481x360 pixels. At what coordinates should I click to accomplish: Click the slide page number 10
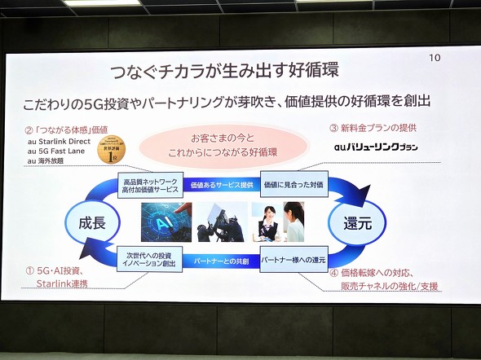(434, 58)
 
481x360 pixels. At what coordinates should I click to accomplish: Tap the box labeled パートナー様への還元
(293, 260)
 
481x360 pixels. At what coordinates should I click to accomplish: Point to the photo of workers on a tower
(219, 222)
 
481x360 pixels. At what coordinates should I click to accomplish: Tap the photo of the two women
(278, 222)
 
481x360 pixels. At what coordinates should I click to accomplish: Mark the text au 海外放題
(51, 160)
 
